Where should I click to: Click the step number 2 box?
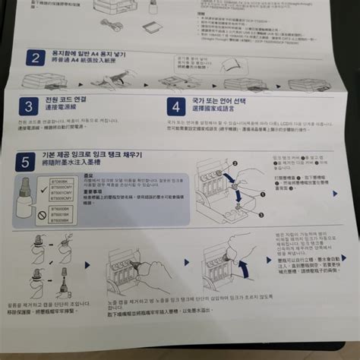(35, 58)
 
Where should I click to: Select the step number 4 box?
(175, 106)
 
